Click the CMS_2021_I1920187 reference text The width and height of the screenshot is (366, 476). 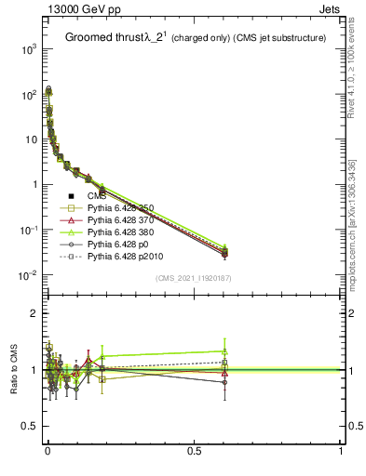tap(194, 278)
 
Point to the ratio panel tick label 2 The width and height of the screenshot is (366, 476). tap(33, 313)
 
